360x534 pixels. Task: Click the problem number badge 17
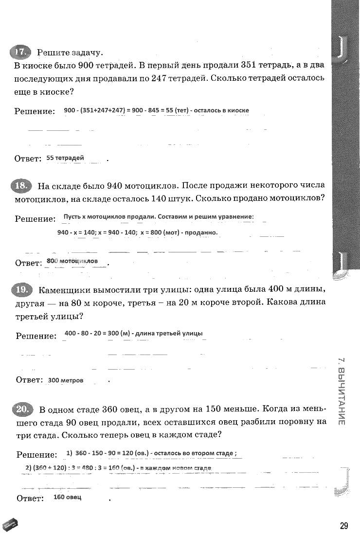(20, 53)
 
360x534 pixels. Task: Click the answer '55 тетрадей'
(65, 158)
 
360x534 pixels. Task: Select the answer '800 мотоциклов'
(72, 261)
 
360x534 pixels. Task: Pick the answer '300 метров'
(66, 380)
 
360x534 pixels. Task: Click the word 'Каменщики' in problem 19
(62, 290)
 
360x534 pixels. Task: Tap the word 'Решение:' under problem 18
(35, 219)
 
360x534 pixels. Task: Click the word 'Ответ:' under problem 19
(28, 380)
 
